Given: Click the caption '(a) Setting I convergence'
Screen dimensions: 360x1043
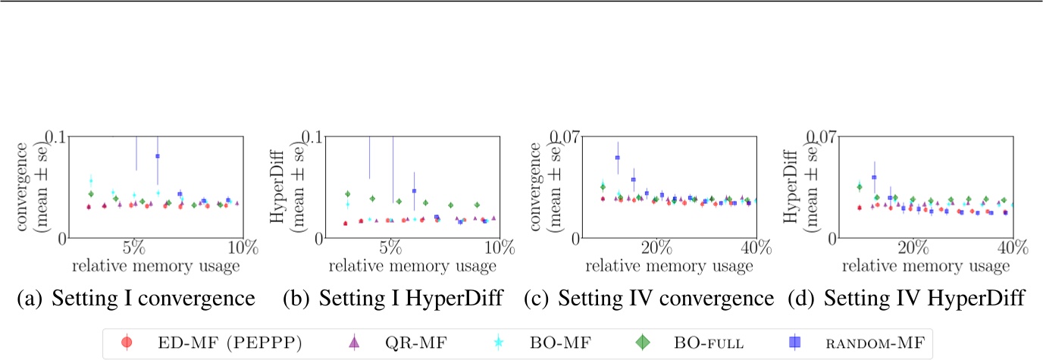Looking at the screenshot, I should (x=134, y=299).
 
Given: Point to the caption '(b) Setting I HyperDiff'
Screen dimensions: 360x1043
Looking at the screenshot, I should (x=392, y=299).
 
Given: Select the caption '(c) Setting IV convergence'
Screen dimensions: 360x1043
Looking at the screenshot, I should (x=649, y=299).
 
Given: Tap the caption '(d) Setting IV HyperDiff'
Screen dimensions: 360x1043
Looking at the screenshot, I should (x=907, y=299).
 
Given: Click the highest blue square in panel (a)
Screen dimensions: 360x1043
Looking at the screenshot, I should (x=158, y=156).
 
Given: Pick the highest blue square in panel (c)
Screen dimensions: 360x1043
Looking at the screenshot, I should (x=618, y=158).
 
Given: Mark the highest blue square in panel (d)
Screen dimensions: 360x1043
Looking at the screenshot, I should (x=874, y=177).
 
